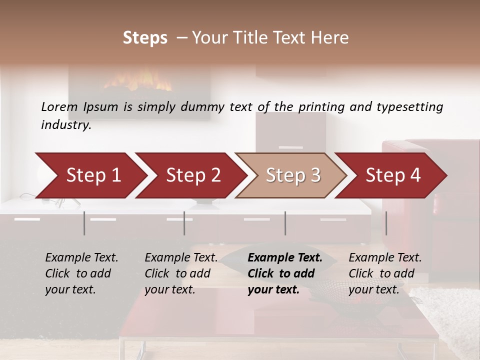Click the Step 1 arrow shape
(x=90, y=175)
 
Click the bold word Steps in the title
(x=145, y=38)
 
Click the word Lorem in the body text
(x=59, y=106)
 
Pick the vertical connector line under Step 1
(x=84, y=223)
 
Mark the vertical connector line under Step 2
(x=184, y=223)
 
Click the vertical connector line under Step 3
(x=285, y=223)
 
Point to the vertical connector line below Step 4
(x=386, y=223)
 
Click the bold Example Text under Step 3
(x=285, y=258)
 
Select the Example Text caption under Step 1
(x=81, y=258)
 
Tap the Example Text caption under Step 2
(x=181, y=258)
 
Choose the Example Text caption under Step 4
(x=385, y=258)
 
